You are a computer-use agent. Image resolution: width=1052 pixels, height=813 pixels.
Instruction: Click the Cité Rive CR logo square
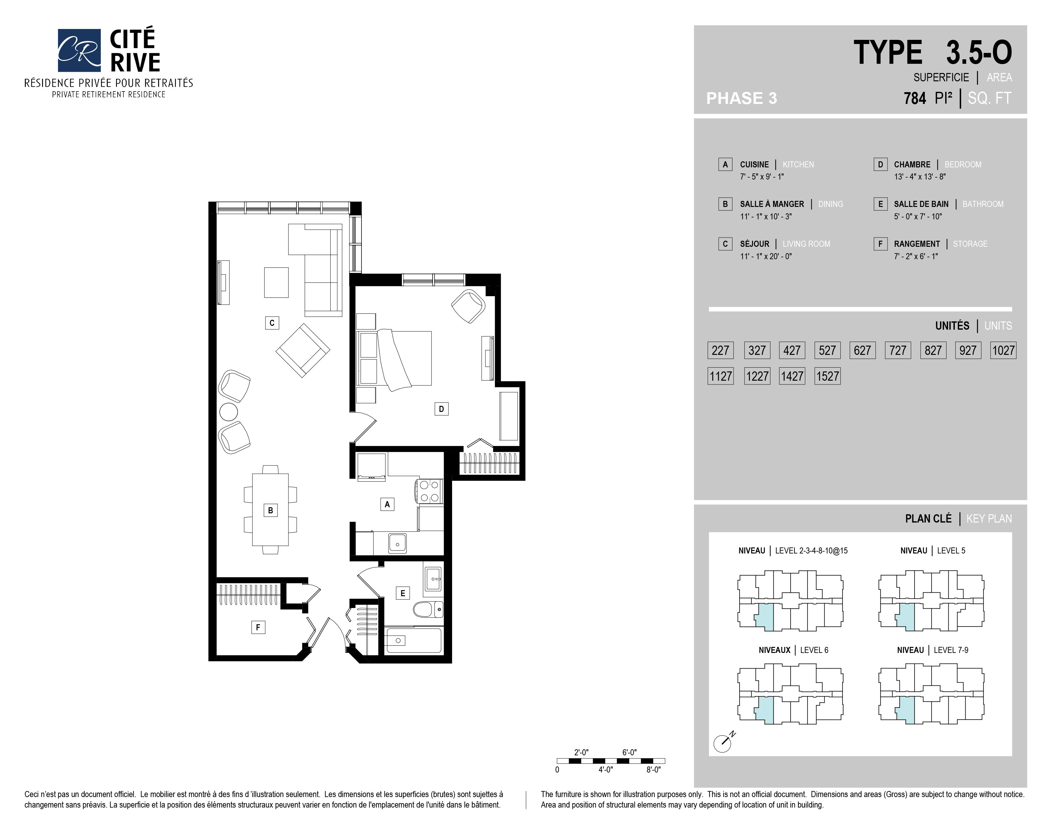coord(79,50)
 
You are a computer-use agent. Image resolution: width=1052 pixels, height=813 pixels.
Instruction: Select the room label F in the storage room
coord(258,627)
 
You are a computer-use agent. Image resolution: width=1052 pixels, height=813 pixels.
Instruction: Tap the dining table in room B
coord(270,509)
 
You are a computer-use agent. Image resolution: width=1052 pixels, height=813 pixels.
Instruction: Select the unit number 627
coord(862,350)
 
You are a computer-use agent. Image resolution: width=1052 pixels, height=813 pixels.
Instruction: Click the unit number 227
coord(720,350)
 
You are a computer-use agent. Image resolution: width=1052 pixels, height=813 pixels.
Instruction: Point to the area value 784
coord(915,98)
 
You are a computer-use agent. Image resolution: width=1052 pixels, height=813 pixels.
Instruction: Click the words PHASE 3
coord(741,98)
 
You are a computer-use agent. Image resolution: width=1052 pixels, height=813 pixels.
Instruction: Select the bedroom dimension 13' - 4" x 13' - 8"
coord(919,177)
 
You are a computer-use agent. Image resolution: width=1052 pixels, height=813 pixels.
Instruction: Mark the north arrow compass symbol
coord(724,742)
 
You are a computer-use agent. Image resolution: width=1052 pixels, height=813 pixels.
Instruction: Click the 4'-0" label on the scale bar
coord(605,770)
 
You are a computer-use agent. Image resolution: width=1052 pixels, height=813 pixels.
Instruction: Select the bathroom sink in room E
coord(433,578)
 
